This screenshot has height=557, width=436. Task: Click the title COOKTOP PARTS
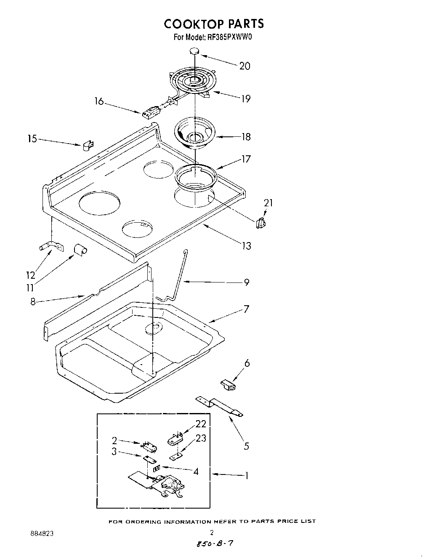pos(213,24)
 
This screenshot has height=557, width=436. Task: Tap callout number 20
pos(245,66)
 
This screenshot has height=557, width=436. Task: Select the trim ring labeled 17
pos(196,176)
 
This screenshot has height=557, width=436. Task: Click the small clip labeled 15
pos(88,145)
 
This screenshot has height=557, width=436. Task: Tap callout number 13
pos(246,246)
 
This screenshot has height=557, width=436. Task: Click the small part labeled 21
pos(261,223)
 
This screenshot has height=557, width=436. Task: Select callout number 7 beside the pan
pos(246,309)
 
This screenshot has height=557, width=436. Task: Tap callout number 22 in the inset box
pos(201,424)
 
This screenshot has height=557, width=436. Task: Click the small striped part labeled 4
pos(156,468)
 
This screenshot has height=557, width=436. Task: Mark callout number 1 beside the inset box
pos(247,476)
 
